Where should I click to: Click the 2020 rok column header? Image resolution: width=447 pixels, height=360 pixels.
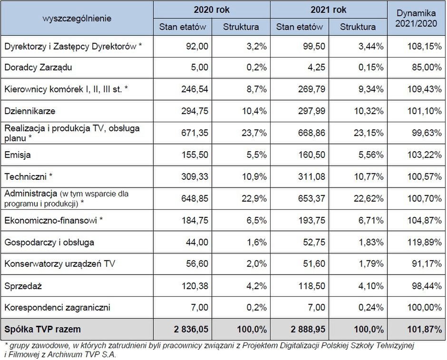tap(212, 10)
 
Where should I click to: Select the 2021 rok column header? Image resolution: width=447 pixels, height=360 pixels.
tap(329, 10)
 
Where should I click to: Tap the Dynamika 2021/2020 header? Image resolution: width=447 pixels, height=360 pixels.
tap(417, 18)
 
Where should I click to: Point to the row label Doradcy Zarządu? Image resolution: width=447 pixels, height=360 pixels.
tap(38, 67)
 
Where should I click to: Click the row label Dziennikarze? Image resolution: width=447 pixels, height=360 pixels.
tap(30, 111)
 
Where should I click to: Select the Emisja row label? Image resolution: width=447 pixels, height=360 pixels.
tap(18, 155)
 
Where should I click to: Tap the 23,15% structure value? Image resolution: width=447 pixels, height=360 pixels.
tap(369, 133)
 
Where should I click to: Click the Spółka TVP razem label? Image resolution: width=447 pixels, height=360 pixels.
tap(42, 329)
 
